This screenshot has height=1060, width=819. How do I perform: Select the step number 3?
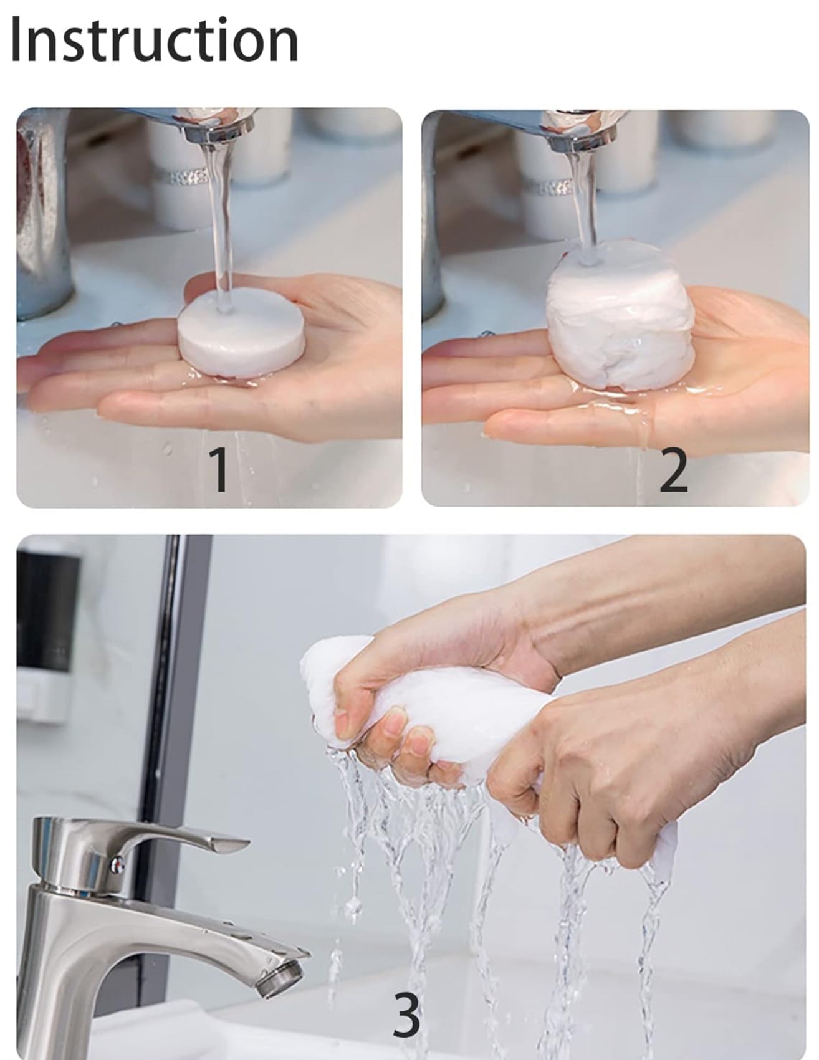(406, 1015)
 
